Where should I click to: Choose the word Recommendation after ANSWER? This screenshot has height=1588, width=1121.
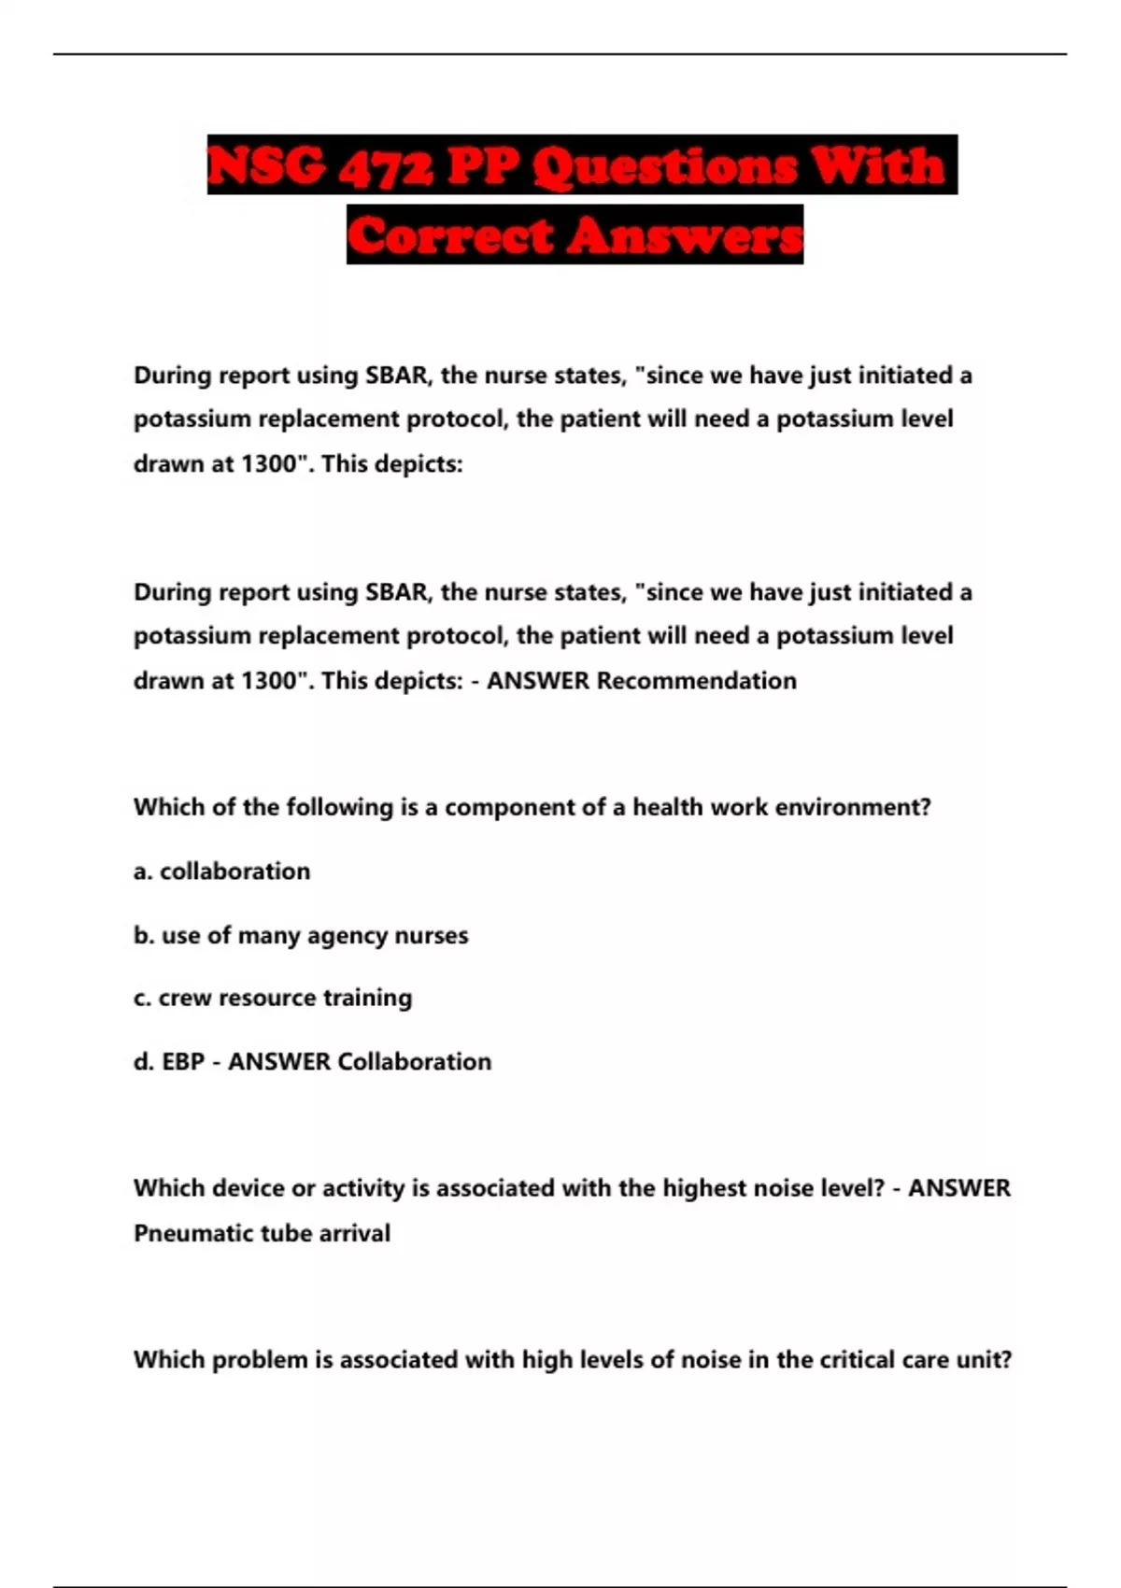click(696, 681)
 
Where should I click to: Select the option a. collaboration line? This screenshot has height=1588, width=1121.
click(221, 872)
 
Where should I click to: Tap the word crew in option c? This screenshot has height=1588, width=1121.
click(185, 999)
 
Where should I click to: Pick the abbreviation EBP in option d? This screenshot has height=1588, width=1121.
click(183, 1062)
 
